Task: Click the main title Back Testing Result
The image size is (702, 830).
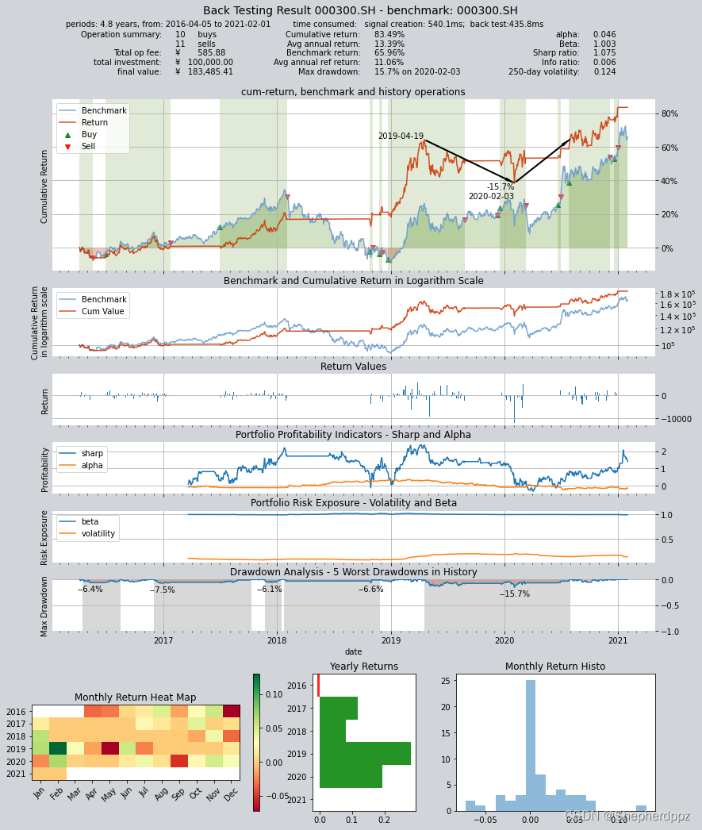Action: (360, 11)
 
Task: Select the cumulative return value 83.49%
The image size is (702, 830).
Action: (389, 35)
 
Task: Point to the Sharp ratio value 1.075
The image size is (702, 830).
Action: (604, 53)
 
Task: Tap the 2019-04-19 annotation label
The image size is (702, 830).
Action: (401, 136)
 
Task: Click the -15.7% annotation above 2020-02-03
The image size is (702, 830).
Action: (500, 187)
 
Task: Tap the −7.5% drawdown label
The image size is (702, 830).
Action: (162, 590)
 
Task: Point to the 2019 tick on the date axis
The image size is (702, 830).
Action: (391, 640)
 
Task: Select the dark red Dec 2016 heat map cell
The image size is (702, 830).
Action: (231, 711)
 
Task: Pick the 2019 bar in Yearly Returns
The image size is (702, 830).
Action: (365, 754)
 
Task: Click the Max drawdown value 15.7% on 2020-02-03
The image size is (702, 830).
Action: (416, 72)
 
